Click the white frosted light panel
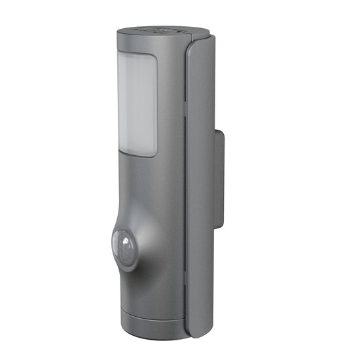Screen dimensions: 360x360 pyautogui.click(x=137, y=105)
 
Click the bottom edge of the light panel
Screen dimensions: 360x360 pyautogui.click(x=139, y=156)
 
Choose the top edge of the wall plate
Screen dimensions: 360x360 pyautogui.click(x=219, y=132)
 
